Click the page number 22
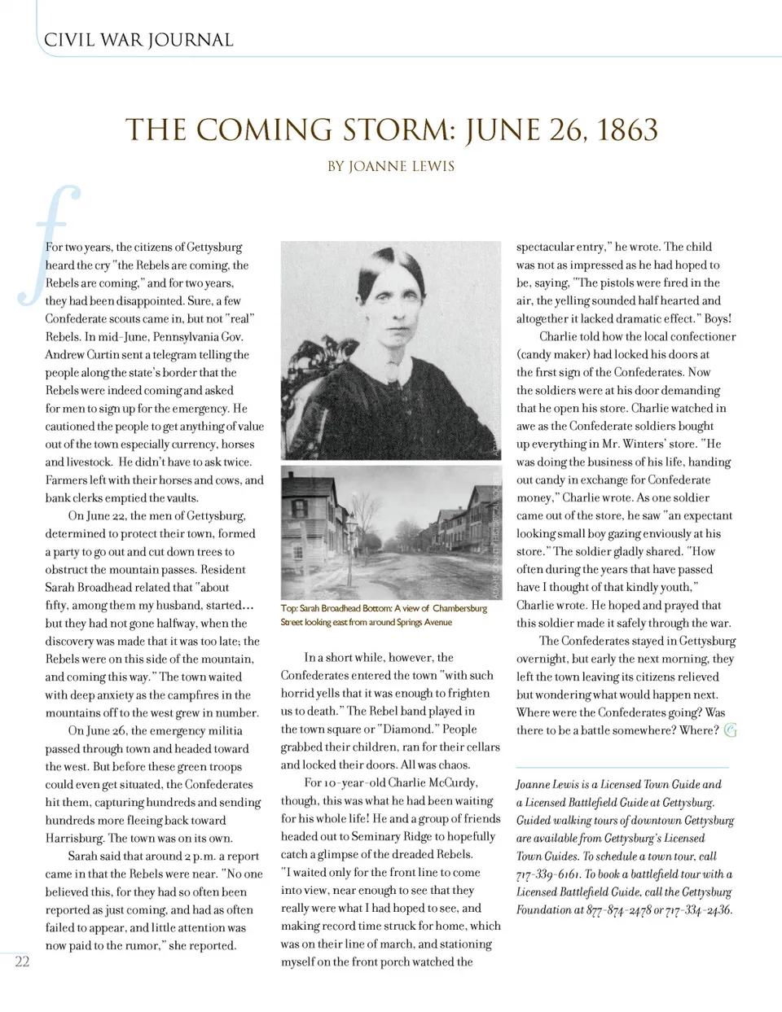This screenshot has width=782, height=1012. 22,962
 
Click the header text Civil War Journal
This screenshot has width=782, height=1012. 138,40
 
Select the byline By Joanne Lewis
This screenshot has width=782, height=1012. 391,166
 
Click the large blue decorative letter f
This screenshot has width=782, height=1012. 51,244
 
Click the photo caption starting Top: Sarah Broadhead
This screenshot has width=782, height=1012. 383,615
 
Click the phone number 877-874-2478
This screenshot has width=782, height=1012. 617,910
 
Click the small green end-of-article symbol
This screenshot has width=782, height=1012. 731,730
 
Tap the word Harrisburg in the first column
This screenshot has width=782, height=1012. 75,839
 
